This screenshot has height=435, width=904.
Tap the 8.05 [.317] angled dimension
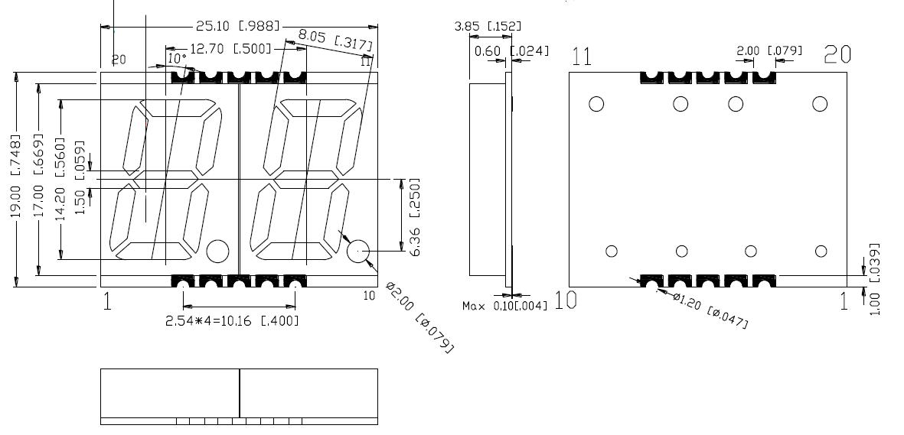[x=335, y=41]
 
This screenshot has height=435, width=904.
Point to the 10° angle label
[x=177, y=58]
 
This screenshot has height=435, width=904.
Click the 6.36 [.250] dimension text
[x=415, y=217]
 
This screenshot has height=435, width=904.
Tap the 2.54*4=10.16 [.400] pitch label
[x=232, y=320]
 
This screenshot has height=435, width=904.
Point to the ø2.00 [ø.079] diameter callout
[x=420, y=317]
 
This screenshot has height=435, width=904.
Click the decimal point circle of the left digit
[x=217, y=251]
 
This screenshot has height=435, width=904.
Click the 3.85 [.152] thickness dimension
[x=488, y=26]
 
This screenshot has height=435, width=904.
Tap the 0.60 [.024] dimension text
[x=511, y=51]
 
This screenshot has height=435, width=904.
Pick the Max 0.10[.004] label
[x=505, y=307]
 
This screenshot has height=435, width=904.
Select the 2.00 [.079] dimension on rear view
[x=769, y=50]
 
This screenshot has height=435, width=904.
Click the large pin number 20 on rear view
[x=837, y=54]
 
